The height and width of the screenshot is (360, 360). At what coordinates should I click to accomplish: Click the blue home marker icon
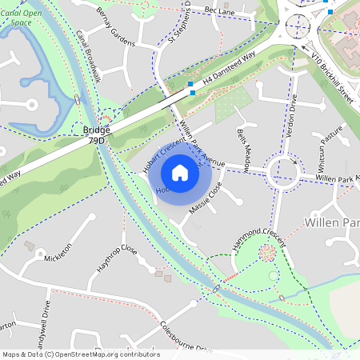tap(180, 172)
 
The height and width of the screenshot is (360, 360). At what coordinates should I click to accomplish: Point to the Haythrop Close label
tap(117, 258)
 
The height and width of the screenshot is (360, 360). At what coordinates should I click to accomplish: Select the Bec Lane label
tap(219, 10)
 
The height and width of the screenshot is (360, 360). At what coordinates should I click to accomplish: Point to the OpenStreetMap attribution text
tap(81, 354)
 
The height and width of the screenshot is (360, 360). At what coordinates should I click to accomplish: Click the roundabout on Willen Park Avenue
tap(284, 170)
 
